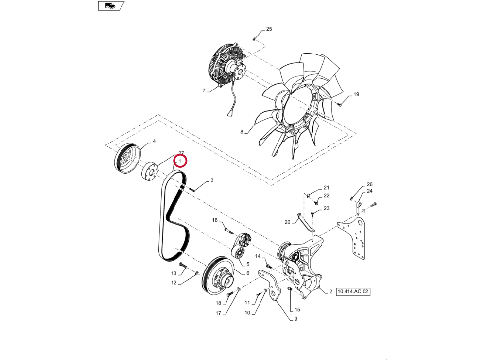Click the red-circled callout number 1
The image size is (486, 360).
click(179, 161)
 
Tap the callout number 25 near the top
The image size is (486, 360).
click(269, 29)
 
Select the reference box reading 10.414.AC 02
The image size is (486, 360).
click(353, 292)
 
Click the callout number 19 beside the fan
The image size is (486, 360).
click(356, 94)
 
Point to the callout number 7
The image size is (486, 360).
click(204, 90)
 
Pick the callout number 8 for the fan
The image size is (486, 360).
click(242, 132)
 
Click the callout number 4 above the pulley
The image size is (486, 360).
click(154, 141)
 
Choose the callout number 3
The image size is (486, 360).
click(212, 180)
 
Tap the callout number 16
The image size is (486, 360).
click(215, 220)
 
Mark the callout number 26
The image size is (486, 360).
click(369, 184)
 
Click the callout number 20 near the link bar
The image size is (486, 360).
click(287, 222)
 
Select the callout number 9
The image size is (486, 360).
click(295, 319)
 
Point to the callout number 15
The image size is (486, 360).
click(297, 310)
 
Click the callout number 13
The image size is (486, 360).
click(174, 273)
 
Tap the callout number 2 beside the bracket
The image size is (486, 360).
click(330, 292)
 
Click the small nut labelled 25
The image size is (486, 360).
click(254, 39)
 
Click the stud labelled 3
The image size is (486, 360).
click(191, 189)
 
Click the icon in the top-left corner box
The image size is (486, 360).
click(111, 6)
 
